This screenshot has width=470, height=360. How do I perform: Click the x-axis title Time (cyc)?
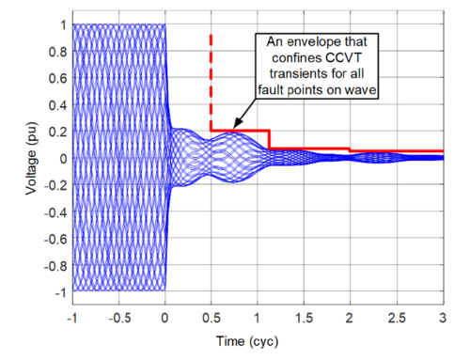click(258, 337)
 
